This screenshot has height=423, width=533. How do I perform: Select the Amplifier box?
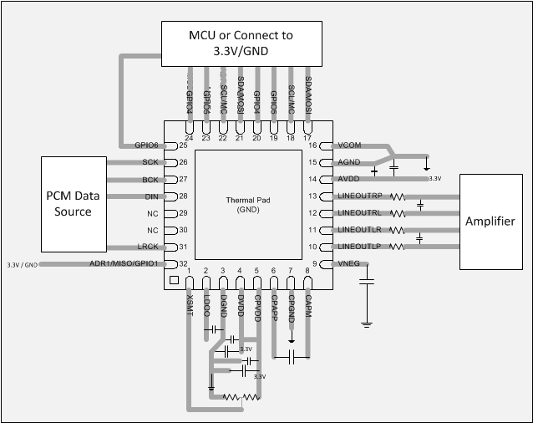(495, 221)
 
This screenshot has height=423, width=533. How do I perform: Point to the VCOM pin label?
(348, 145)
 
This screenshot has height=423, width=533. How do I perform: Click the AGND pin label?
(348, 161)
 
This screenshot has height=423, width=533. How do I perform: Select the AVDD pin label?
(348, 179)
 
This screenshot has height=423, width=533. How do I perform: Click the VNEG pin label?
(348, 264)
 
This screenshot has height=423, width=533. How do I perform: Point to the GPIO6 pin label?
(148, 145)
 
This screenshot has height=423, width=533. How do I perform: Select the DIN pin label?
(152, 196)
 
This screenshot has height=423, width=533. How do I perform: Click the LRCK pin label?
(149, 247)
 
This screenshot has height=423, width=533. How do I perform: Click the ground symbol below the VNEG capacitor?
(365, 322)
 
